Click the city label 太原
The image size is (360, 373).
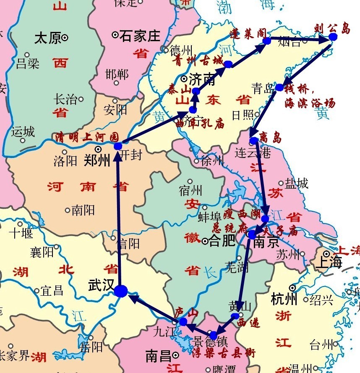coord(47,38)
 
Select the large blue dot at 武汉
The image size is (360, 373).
coord(120,291)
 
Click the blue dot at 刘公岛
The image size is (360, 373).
coord(333,37)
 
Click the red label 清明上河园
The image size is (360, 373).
coord(87,137)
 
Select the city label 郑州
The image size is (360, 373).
coord(97,160)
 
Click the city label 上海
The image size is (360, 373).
coord(329,262)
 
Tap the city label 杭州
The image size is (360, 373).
coord(284,299)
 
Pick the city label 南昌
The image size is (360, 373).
coord(158,356)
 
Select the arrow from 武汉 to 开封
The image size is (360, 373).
coord(119,218)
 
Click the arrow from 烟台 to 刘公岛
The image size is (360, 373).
coord(300,39)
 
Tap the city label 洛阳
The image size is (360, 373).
coord(65,160)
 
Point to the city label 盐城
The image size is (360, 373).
coord(297,183)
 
